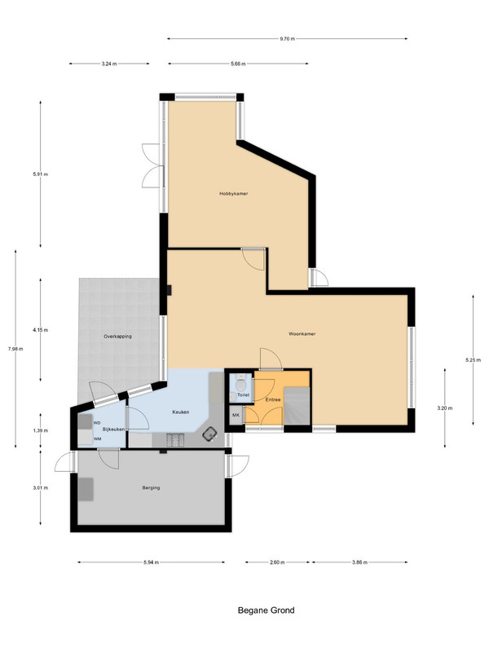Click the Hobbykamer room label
234,193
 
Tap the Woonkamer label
302,333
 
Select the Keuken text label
181,412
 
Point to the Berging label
151,487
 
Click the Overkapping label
117,336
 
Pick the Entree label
273,399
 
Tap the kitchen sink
209,434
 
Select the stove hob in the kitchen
175,440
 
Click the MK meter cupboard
236,416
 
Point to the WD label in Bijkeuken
97,423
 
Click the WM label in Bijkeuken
97,438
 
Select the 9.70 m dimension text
287,38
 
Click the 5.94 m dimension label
151,562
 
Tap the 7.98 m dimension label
15,349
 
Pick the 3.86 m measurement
359,562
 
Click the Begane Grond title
267,610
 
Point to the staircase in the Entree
297,406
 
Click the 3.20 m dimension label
445,408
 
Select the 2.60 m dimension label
277,562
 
